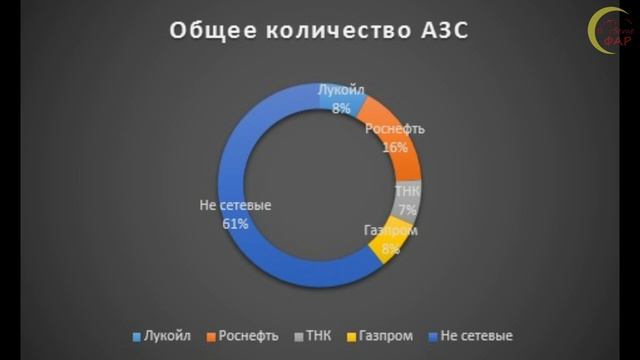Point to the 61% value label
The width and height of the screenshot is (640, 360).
236,224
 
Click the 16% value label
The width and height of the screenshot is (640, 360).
395,146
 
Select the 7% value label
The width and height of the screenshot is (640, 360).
407,209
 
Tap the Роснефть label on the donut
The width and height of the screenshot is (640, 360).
395,130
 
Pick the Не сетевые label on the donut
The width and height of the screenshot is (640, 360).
236,206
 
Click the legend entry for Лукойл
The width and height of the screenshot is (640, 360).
163,334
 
